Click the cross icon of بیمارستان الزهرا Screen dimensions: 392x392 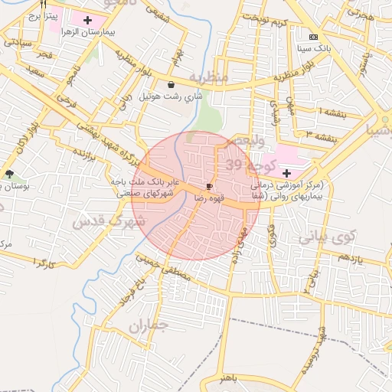(88, 19)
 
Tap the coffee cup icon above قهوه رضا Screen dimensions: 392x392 (209, 186)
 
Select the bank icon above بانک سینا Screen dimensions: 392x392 (312, 37)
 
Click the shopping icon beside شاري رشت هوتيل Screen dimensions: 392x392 (170, 85)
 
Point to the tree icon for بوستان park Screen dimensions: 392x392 (9, 175)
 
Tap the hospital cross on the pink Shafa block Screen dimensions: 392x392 (286, 173)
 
